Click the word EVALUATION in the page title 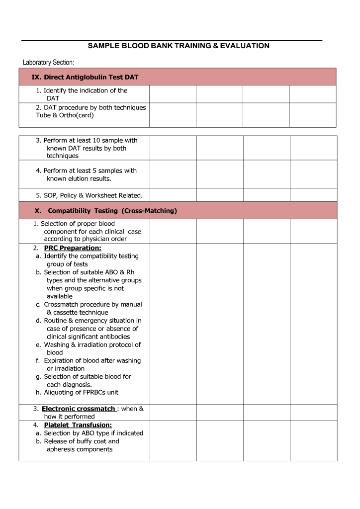[x=244, y=46]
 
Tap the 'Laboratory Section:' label [x=48, y=62]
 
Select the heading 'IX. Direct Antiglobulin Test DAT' [x=85, y=77]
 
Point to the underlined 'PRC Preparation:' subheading [x=73, y=248]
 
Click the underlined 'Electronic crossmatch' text [x=79, y=409]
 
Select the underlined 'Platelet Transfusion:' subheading [x=78, y=425]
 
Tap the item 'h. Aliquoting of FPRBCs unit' [x=77, y=392]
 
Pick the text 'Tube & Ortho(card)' [x=65, y=115]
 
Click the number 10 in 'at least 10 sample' [x=96, y=140]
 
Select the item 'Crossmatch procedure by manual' [x=92, y=304]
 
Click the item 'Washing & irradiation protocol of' [x=92, y=344]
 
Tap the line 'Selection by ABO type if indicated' [x=93, y=433]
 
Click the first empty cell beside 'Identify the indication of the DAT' [x=173, y=94]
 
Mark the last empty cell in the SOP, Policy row [x=313, y=195]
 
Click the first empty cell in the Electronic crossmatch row [x=173, y=412]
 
